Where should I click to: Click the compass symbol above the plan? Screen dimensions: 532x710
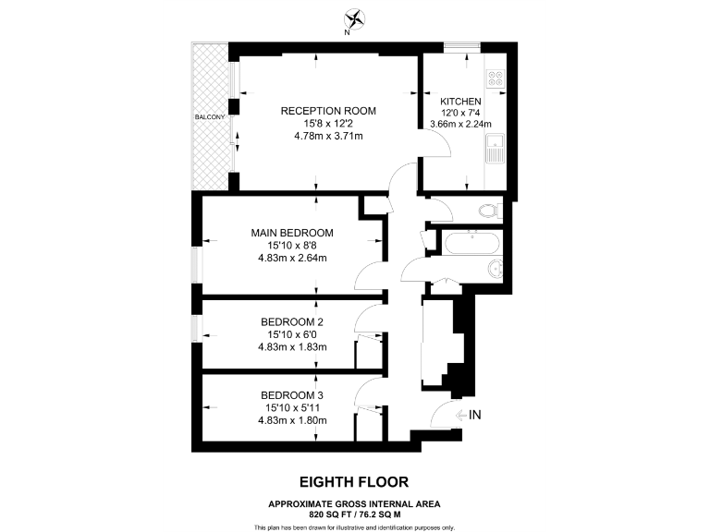click(354, 18)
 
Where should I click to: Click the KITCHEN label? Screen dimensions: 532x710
click(459, 101)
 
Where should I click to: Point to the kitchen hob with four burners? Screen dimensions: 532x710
click(496, 80)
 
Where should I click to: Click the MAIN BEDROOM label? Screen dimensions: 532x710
click(291, 233)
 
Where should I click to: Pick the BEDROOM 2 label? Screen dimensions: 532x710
click(291, 321)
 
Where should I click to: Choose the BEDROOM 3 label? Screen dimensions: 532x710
click(291, 395)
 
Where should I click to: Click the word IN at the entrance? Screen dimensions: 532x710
click(475, 416)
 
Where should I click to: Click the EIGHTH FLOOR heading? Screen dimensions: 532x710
click(354, 481)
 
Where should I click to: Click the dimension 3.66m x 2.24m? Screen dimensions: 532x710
click(459, 124)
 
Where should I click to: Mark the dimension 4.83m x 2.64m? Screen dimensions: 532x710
click(291, 258)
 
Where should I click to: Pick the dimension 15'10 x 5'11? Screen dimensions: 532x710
click(291, 408)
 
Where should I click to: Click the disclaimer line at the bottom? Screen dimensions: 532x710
click(354, 526)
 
